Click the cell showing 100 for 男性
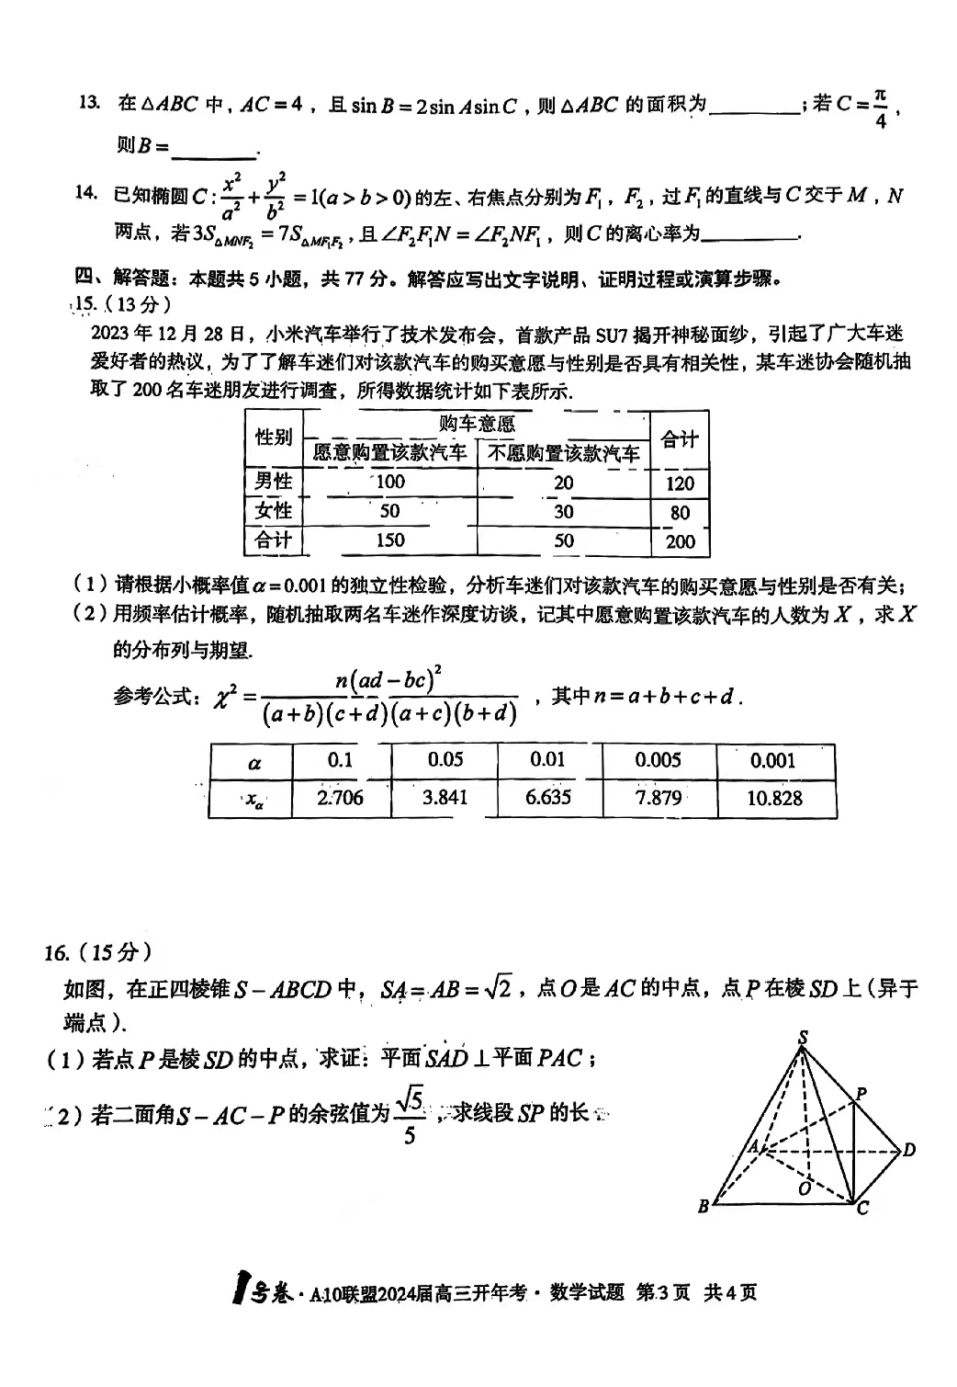coord(390,482)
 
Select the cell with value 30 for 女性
coord(563,511)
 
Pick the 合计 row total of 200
coord(680,541)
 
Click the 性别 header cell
coord(274,437)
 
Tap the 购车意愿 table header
coord(477,424)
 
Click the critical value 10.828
coord(774,798)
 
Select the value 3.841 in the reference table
coord(445,797)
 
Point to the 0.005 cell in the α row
coord(659,760)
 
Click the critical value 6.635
coord(548,797)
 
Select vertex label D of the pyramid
coord(908,1150)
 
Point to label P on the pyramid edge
coord(861,1094)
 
